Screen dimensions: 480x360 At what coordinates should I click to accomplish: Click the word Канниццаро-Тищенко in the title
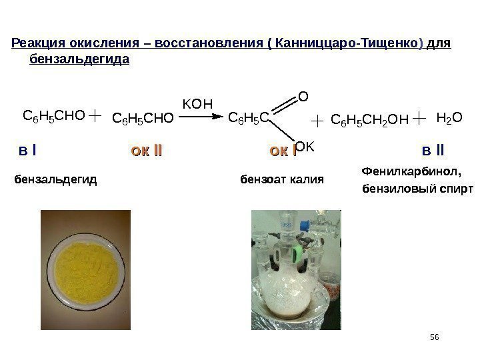click(x=344, y=45)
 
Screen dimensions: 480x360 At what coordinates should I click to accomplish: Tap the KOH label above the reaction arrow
click(x=197, y=104)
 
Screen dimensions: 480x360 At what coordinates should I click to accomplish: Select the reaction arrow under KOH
click(x=200, y=117)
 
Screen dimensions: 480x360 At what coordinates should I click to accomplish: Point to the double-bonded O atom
click(x=303, y=96)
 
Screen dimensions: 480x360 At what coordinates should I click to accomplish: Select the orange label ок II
click(x=147, y=151)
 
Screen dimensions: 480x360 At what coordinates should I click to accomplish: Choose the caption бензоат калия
click(x=281, y=179)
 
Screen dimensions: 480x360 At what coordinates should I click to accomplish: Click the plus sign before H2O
click(x=419, y=119)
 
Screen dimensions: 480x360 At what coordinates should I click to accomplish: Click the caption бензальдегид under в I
click(x=55, y=179)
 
